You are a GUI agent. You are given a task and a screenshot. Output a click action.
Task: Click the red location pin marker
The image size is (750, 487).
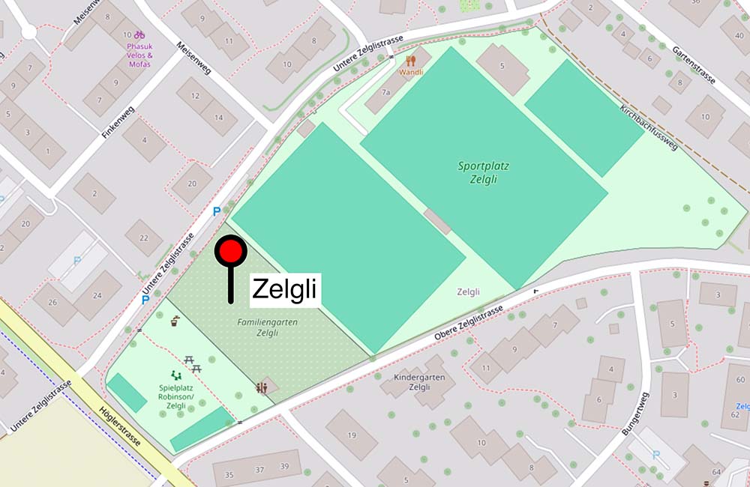pyautogui.click(x=230, y=252)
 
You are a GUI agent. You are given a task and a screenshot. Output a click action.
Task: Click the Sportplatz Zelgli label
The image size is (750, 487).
pyautogui.click(x=478, y=173)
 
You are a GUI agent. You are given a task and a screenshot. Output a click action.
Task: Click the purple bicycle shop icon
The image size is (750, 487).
pyautogui.click(x=139, y=34)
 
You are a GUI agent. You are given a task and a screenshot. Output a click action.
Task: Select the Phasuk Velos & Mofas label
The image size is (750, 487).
pyautogui.click(x=139, y=55)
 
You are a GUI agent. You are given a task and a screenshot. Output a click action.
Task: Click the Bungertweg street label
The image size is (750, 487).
pyautogui.click(x=636, y=414)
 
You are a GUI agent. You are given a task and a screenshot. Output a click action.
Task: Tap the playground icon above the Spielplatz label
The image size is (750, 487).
pyautogui.click(x=177, y=375)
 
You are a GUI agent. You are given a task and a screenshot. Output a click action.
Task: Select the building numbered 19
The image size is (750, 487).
pyautogui.click(x=352, y=435)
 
